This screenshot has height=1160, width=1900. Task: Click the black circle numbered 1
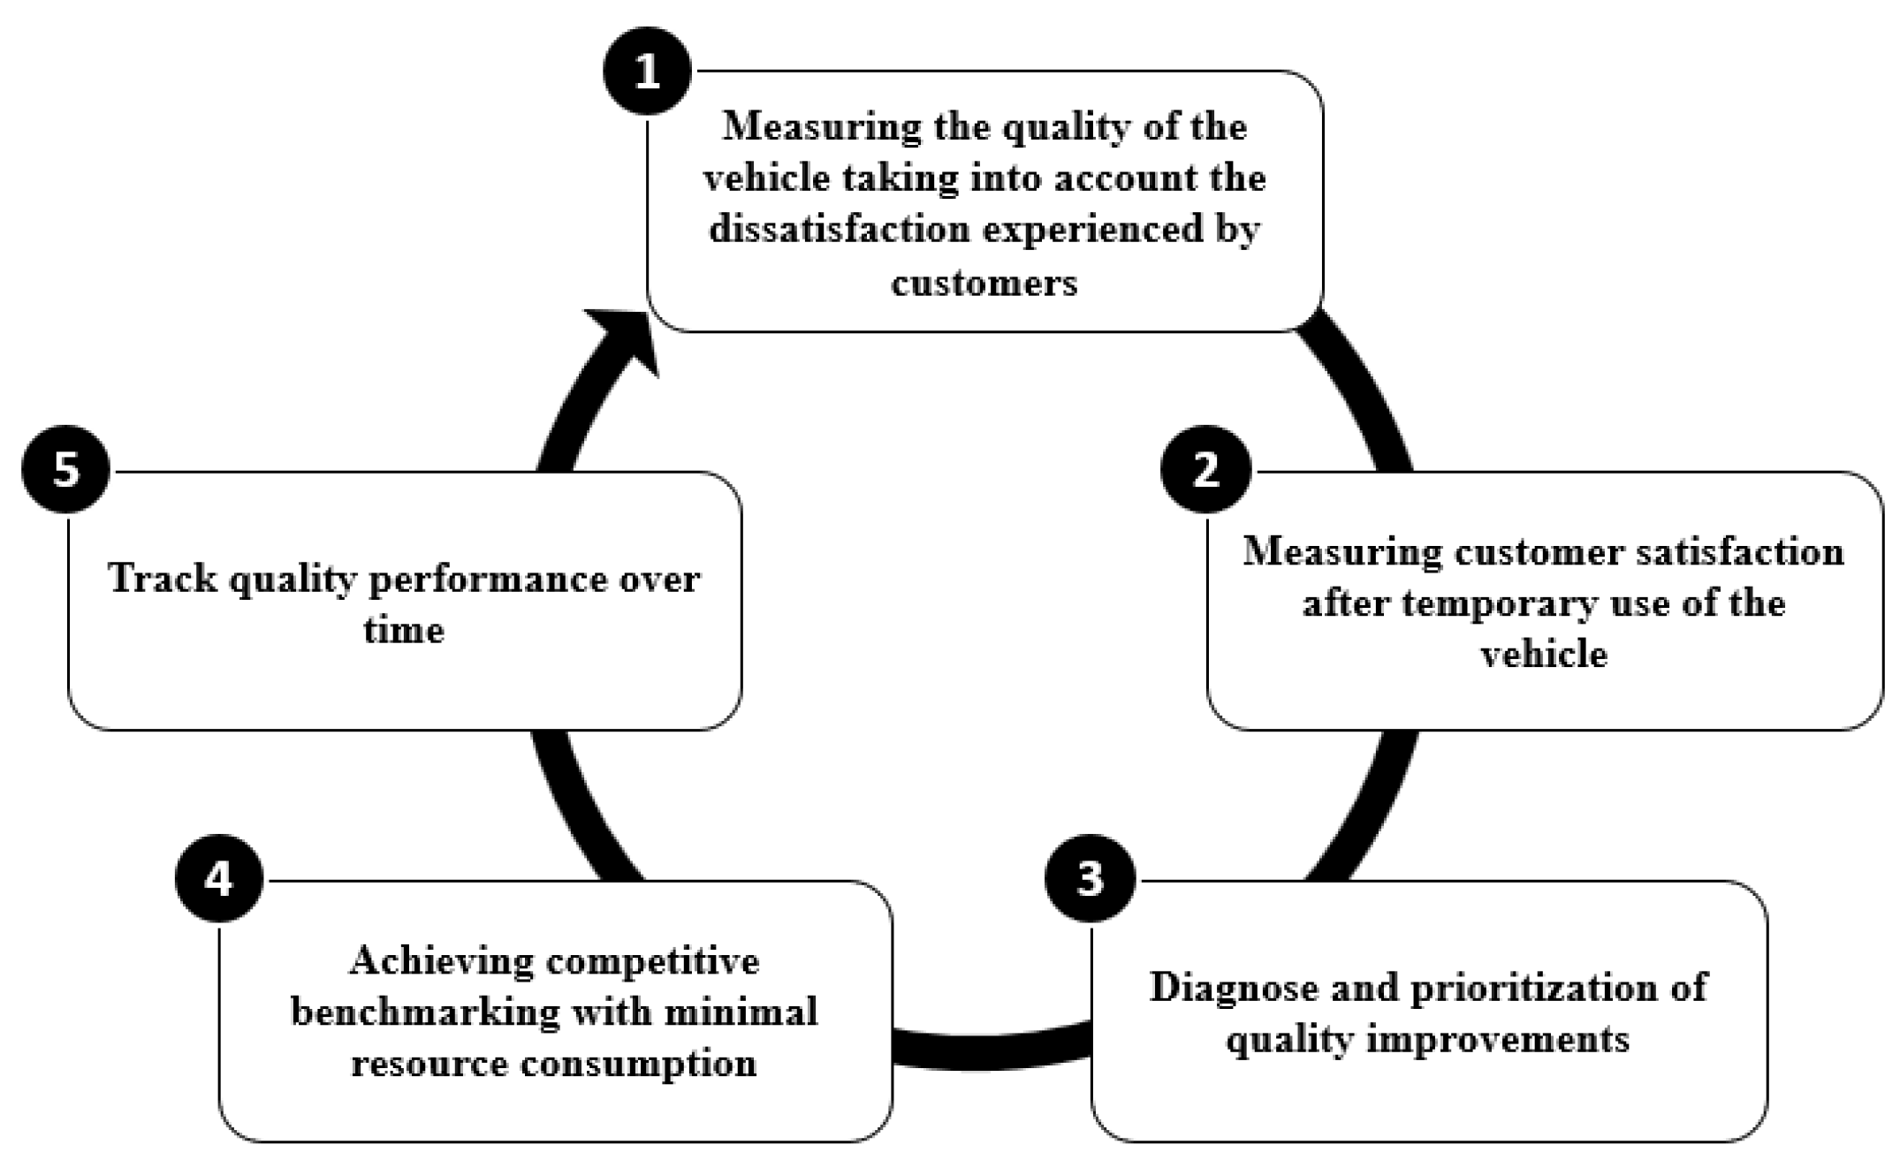pos(647,71)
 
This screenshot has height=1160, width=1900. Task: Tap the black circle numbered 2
pos(1205,470)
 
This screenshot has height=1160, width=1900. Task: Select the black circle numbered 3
pos(1090,879)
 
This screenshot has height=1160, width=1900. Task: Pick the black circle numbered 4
pos(219,879)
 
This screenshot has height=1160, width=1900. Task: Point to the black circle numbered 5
pos(66,470)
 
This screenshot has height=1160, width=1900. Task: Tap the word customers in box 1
pos(984,283)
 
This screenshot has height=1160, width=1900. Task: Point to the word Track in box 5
pos(162,579)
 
